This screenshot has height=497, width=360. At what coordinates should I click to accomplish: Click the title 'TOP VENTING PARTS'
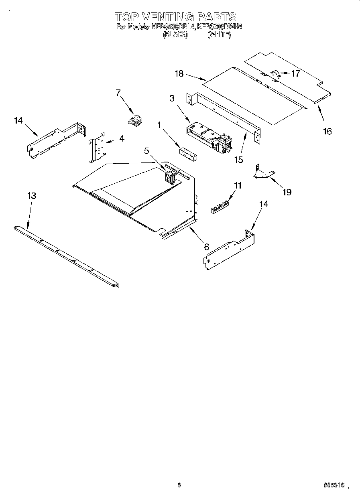[175, 16]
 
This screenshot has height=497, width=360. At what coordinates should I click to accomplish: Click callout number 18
[179, 73]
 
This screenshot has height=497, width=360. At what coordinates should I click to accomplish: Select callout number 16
[327, 131]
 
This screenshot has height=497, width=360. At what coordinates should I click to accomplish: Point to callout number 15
[238, 160]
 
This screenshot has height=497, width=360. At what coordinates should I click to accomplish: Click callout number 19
[287, 192]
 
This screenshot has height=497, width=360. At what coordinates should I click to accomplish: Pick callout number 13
[32, 196]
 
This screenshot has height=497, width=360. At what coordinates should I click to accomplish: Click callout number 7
[118, 93]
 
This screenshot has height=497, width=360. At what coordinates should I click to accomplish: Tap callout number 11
[238, 185]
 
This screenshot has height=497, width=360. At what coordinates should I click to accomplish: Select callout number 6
[206, 247]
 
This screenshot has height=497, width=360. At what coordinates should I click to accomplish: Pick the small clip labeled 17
[275, 74]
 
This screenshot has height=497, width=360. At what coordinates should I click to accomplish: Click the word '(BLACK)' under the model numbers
[175, 35]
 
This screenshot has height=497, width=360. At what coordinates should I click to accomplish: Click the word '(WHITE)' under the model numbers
[219, 35]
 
